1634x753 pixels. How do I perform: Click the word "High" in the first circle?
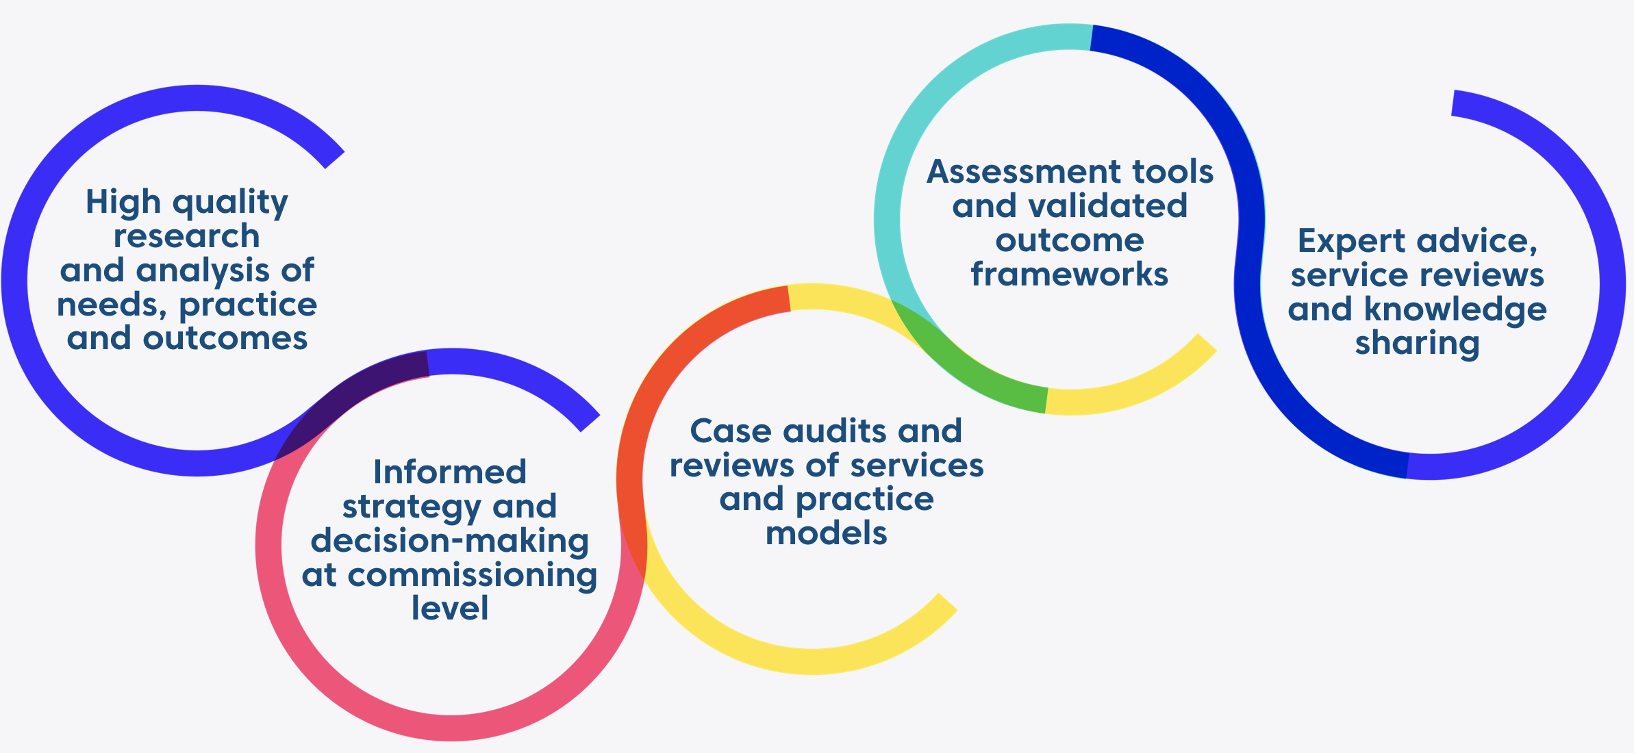123,203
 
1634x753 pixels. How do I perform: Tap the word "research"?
186,237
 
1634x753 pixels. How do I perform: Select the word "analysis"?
203,271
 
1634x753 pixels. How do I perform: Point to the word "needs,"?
112,305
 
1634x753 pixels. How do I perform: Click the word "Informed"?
450,472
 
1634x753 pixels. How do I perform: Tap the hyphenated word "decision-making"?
450,541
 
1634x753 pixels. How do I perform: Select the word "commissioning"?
473,576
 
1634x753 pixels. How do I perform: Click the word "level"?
450,609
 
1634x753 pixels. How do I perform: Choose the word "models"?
826,533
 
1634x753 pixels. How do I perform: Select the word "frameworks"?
1069,275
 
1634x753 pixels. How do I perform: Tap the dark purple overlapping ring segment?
356,390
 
